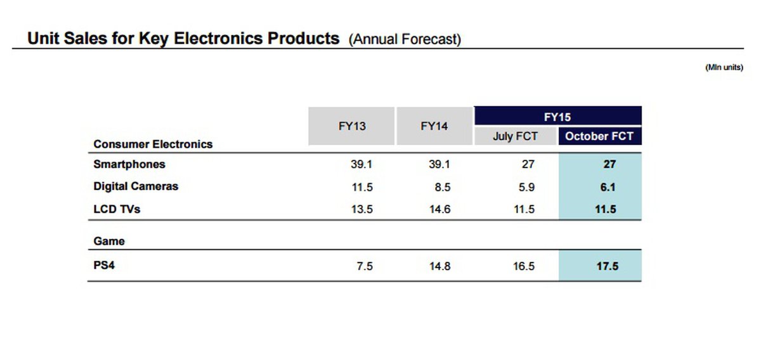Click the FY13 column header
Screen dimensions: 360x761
coord(352,126)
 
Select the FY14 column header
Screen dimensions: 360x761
coord(434,126)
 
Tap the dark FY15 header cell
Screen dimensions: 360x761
coord(557,117)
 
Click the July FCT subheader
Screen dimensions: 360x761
coord(515,136)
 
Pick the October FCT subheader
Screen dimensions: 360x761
coord(599,136)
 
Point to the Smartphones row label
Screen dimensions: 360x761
coord(129,164)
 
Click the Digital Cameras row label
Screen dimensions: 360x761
coord(136,186)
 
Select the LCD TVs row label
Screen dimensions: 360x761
coord(117,209)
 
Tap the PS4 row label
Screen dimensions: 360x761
coord(104,266)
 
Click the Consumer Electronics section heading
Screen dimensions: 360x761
coord(153,144)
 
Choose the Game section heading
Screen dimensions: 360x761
coord(109,241)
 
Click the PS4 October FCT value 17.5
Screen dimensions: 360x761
coord(607,266)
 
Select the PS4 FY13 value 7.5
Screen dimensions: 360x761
coord(364,266)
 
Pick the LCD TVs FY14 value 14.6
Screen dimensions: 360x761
coord(439,210)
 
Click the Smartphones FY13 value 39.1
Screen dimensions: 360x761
coord(361,164)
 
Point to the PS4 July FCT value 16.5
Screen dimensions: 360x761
coord(524,266)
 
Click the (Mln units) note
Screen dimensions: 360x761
coord(724,68)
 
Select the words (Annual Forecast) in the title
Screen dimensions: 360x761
coord(405,39)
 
